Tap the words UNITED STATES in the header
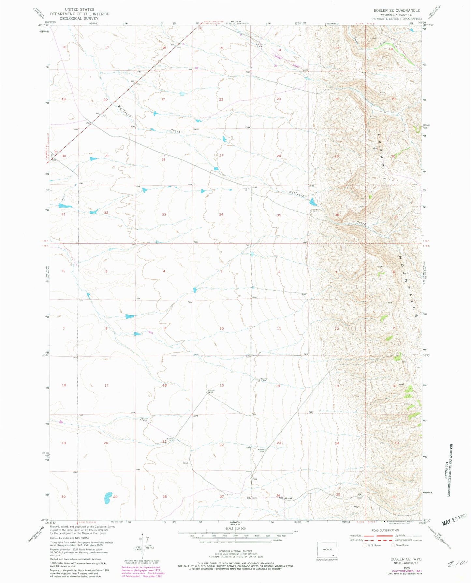point(80,9)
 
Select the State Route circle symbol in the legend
point(393,545)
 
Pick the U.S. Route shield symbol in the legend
point(365,545)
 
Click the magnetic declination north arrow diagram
point(142,542)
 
